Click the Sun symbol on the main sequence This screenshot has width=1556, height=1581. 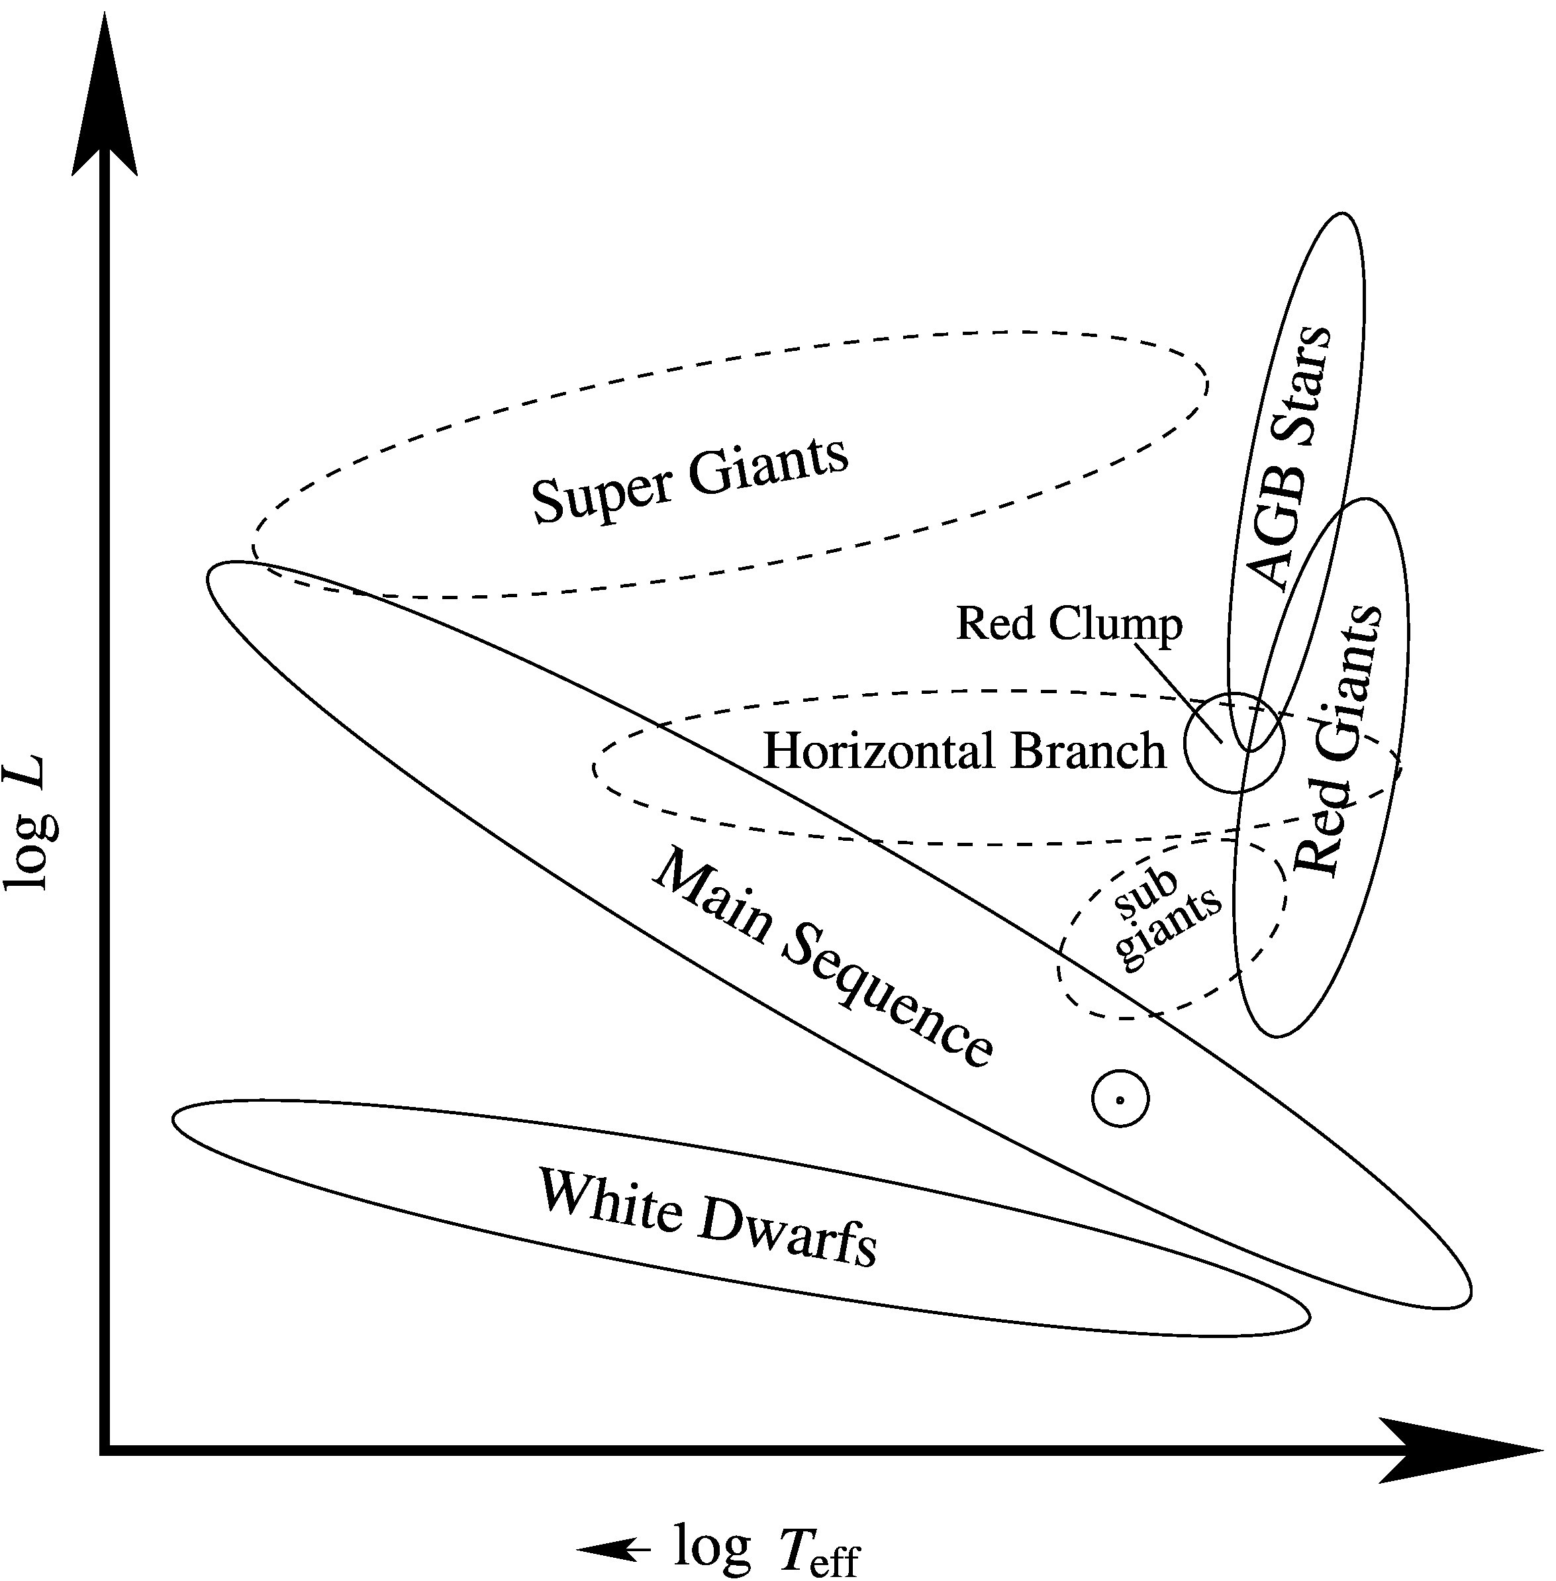pyautogui.click(x=1120, y=1100)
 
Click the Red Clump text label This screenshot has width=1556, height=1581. pyautogui.click(x=1069, y=624)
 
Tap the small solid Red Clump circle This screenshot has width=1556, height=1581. pyautogui.click(x=1234, y=742)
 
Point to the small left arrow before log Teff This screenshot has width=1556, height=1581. pyautogui.click(x=614, y=1549)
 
